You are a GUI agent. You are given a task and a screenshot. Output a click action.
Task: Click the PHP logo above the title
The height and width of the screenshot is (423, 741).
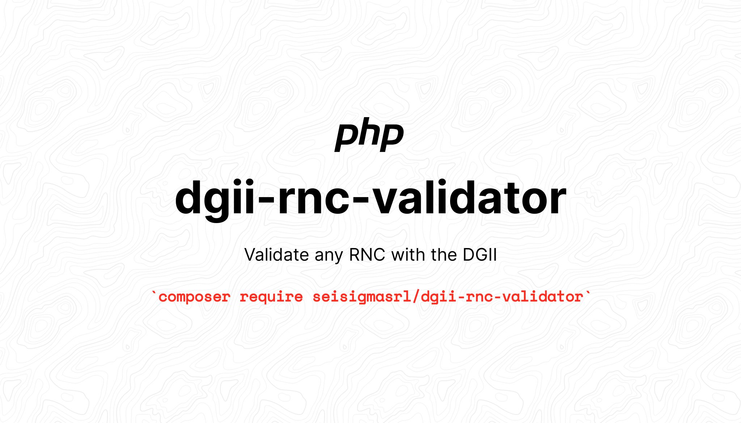click(369, 134)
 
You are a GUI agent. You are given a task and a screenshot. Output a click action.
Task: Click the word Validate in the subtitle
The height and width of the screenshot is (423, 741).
click(276, 255)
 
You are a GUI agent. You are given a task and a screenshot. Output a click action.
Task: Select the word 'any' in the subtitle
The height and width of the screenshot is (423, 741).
click(329, 257)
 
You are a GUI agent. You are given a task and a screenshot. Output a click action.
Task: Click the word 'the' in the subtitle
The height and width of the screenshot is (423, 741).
click(444, 255)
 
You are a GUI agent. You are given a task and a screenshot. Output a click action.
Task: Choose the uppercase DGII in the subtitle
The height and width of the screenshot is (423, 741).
click(480, 255)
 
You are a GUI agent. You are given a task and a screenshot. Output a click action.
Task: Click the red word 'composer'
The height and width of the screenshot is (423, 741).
click(194, 297)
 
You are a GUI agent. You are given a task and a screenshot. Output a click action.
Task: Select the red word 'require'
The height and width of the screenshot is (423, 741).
click(271, 298)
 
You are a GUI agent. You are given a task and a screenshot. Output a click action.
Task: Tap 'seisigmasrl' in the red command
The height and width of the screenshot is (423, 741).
click(362, 297)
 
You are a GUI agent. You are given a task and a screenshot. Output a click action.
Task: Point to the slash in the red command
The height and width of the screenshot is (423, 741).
click(416, 297)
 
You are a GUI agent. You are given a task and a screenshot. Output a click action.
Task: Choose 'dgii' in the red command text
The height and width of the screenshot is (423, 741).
click(439, 297)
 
